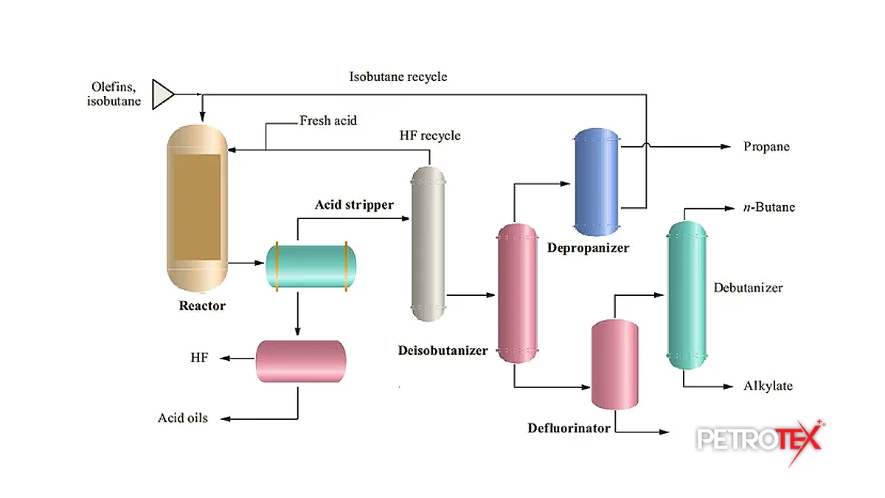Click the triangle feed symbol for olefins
point(162,94)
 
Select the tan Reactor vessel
point(197,208)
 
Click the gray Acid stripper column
point(428,243)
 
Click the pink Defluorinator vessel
point(614,364)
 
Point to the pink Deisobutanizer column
point(518,293)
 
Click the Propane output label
point(766,147)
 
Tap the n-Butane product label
point(769,207)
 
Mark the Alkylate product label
point(768,386)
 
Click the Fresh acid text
point(327,120)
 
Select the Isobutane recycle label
point(398,77)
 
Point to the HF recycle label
point(429,136)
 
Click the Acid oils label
point(183,418)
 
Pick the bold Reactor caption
point(202,305)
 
